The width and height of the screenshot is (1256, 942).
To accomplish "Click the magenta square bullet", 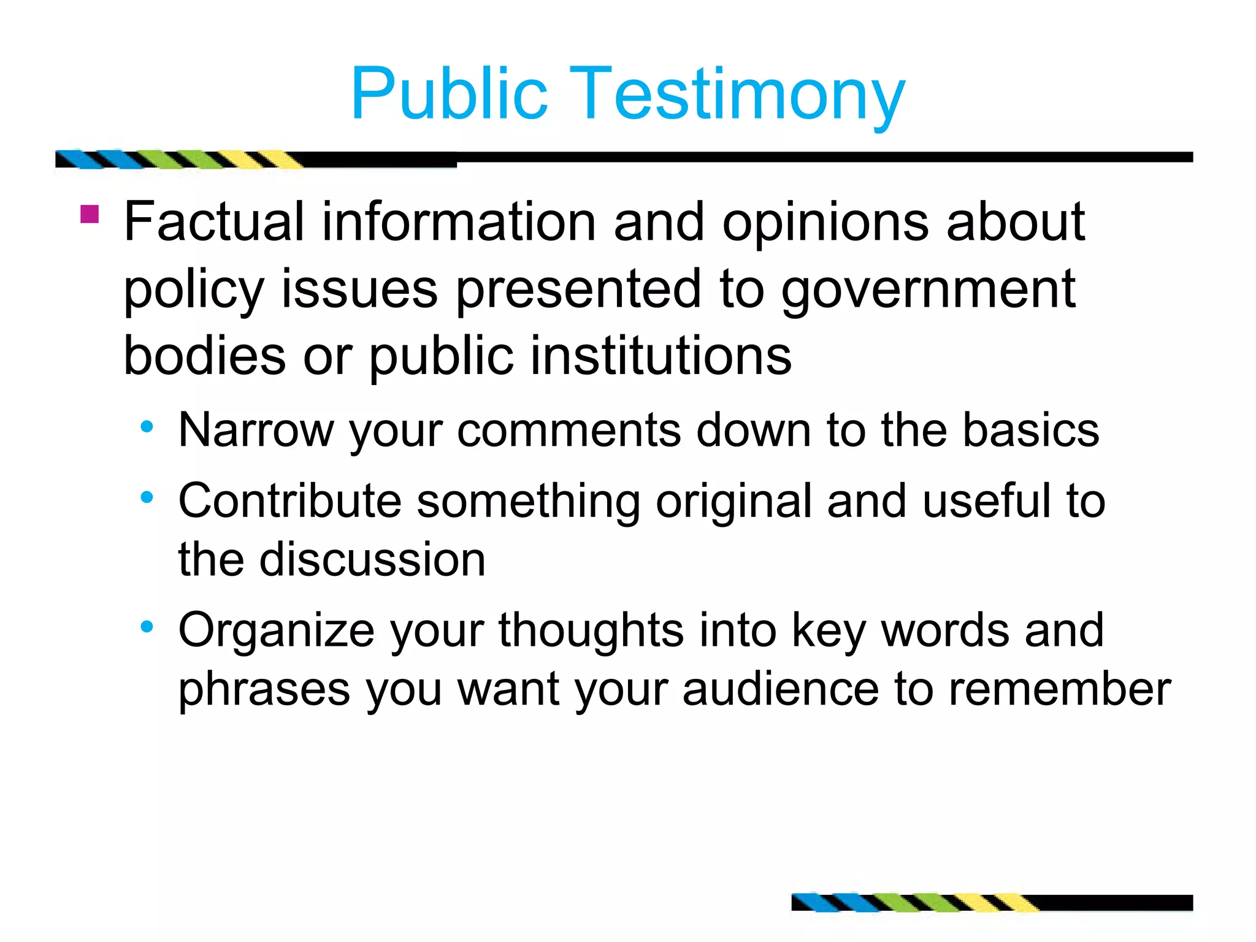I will [90, 214].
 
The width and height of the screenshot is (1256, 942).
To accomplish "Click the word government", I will [928, 290].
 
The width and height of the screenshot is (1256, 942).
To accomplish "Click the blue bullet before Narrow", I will [147, 426].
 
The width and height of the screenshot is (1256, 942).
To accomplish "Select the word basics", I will [1030, 430].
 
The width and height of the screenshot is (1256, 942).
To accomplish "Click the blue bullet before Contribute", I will [147, 497].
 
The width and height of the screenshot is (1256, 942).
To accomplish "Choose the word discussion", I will [372, 559].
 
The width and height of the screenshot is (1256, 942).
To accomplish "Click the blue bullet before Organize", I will [147, 627].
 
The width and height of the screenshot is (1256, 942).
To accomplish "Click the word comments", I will [569, 431].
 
